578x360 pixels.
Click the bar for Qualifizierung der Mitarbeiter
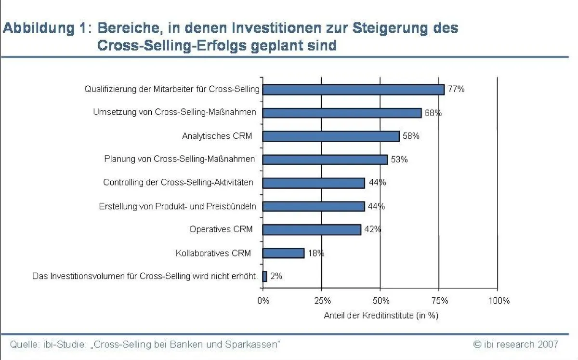point(353,90)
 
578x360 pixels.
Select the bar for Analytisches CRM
point(330,136)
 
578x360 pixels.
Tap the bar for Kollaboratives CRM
point(283,253)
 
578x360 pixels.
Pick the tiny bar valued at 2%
point(264,277)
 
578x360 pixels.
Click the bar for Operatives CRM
point(311,230)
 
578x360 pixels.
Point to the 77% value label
point(456,90)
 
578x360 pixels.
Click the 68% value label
point(433,113)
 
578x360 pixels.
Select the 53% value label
point(399,160)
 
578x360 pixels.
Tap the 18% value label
point(315,253)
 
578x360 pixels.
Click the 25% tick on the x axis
point(322,301)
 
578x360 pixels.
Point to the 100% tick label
point(499,301)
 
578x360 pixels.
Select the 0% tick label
point(263,301)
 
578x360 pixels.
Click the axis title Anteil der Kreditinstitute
point(381,316)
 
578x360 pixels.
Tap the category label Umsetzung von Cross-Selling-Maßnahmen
point(174,112)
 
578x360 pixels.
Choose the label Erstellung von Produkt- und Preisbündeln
point(177,206)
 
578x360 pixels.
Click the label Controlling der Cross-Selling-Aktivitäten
point(178,183)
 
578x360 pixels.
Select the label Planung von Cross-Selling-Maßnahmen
point(180,159)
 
